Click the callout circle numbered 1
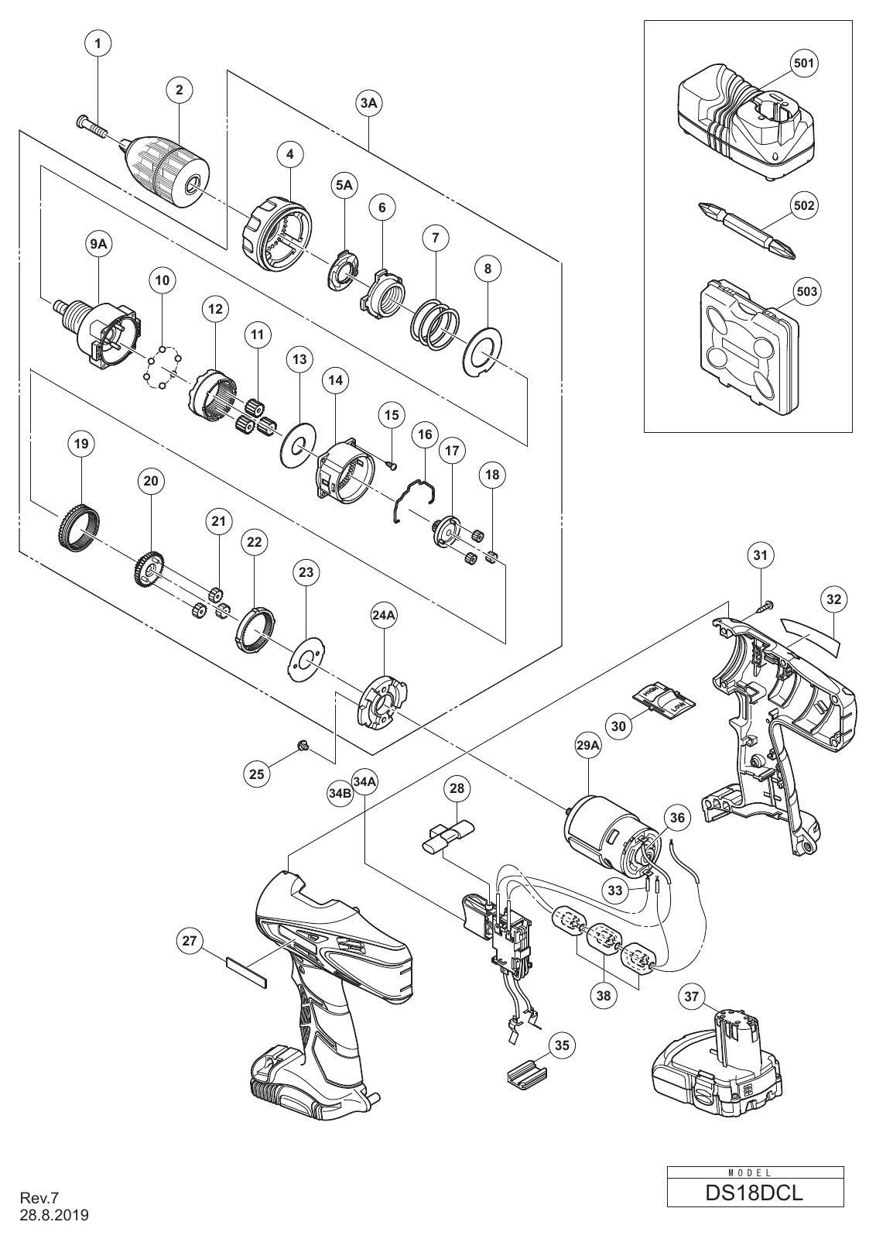(98, 43)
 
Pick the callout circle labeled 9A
(98, 246)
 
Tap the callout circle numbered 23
(306, 572)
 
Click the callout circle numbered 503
(807, 291)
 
